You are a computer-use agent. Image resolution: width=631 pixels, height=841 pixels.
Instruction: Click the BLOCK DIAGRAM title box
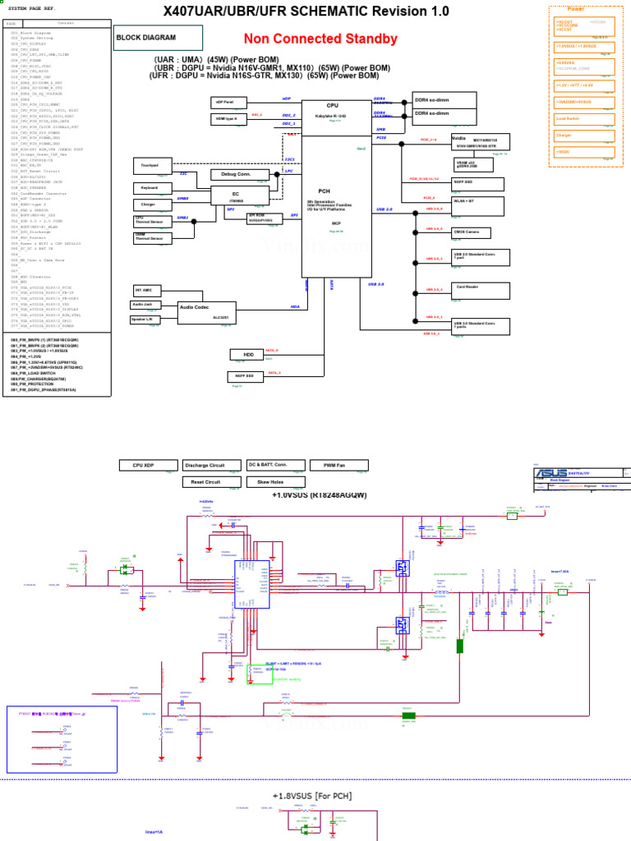[157, 38]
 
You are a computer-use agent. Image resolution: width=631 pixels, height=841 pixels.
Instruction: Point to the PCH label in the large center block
[324, 190]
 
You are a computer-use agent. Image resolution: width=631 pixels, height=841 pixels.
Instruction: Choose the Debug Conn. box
[235, 174]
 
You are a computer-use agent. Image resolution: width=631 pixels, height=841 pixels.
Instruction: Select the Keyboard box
[150, 188]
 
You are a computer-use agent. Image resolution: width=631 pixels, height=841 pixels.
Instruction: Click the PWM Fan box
[334, 466]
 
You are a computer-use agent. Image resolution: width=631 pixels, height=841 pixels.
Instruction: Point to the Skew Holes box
[275, 482]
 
